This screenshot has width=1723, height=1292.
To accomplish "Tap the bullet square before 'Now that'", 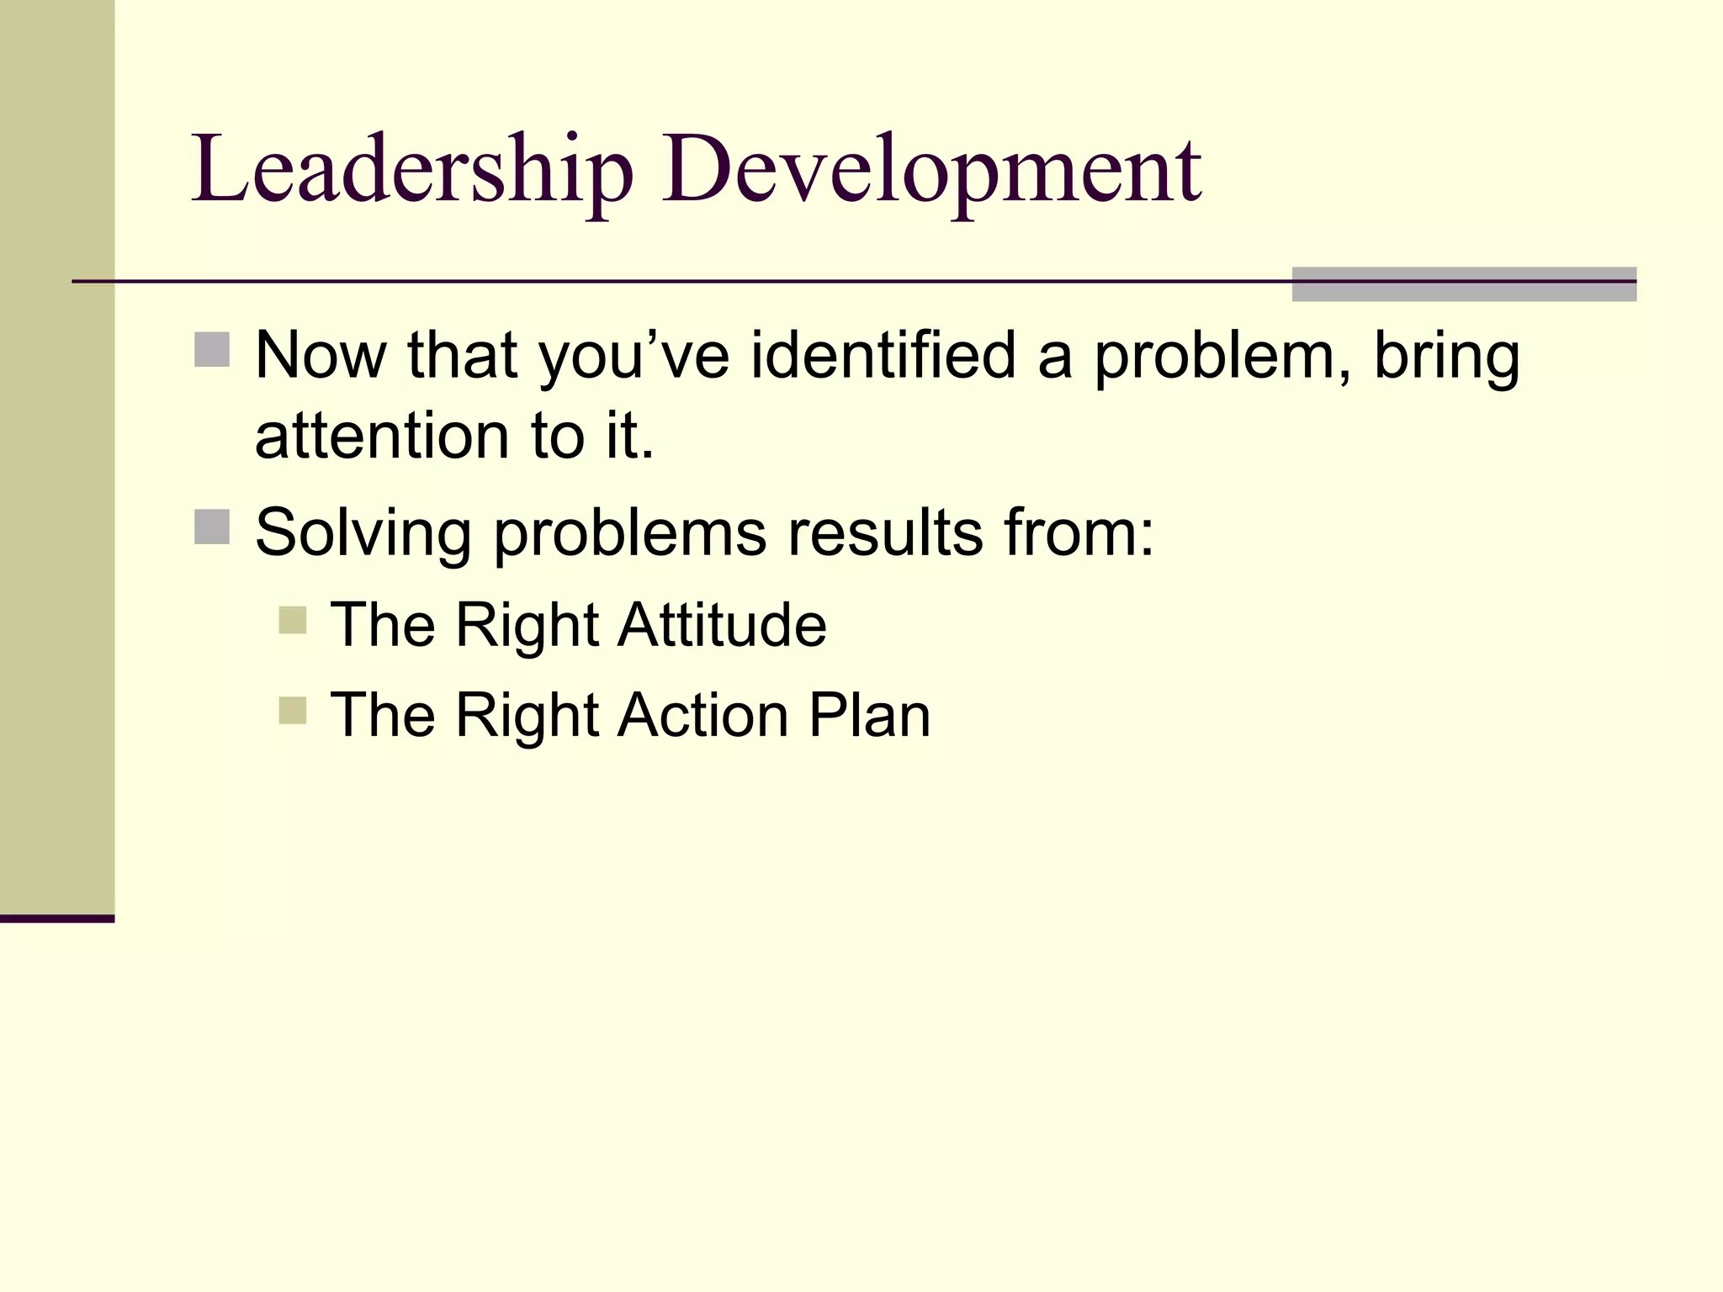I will (212, 350).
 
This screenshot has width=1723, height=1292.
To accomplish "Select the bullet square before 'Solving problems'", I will (212, 527).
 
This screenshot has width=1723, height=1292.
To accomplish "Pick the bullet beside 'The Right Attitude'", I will (293, 621).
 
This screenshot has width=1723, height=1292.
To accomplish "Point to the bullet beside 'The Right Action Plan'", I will (293, 711).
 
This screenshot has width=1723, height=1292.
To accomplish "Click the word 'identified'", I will (883, 355).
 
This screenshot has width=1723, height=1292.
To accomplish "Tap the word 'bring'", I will (1446, 357).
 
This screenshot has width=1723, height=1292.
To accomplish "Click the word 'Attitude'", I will (722, 625).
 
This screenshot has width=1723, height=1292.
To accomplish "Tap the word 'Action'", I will (702, 715).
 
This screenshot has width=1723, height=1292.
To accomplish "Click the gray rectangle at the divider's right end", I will (1464, 284).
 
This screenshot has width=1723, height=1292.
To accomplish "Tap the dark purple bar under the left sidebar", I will (57, 919).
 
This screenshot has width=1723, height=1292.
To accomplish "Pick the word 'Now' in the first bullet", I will (321, 355).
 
